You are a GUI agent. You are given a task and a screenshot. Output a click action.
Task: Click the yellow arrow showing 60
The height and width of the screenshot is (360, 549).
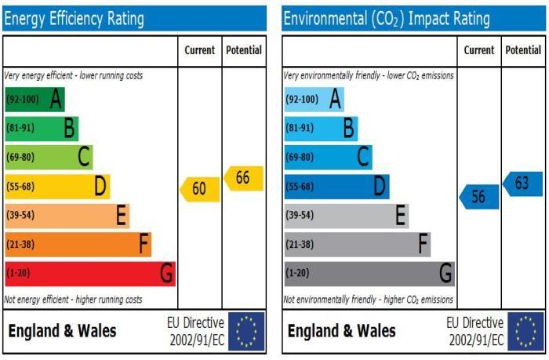[200, 189]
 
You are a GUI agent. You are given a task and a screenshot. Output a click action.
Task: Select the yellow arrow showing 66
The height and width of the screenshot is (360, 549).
[244, 178]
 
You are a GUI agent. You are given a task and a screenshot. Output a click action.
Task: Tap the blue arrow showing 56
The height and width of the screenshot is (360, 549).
[479, 197]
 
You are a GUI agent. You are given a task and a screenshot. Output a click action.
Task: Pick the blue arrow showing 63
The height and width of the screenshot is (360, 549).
[523, 184]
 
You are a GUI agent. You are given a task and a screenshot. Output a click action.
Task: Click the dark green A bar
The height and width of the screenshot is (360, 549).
[35, 100]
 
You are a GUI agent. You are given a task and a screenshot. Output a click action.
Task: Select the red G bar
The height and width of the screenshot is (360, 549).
[90, 274]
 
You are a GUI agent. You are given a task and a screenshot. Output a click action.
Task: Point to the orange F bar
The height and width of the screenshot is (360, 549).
[78, 245]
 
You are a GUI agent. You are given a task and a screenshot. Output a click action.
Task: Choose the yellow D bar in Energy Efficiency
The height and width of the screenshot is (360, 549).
[57, 187]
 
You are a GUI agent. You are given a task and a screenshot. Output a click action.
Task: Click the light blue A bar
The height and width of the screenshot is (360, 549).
[314, 100]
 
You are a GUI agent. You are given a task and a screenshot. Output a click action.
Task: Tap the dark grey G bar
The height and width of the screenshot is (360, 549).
[369, 274]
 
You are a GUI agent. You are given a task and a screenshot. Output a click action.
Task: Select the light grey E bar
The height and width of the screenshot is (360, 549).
[347, 216]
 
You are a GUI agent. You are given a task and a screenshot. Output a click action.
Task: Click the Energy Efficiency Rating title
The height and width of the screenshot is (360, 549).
[74, 19]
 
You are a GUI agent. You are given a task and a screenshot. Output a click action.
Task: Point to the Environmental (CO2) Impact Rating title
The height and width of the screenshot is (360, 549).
[387, 19]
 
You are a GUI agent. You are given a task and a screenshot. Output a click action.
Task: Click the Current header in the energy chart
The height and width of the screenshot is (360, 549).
[200, 50]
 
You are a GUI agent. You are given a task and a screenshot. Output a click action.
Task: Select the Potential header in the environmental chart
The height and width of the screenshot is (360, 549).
[523, 50]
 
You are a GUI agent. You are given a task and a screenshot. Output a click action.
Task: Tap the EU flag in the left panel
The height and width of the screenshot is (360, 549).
[246, 331]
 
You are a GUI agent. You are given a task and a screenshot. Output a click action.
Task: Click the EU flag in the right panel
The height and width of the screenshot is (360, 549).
[526, 331]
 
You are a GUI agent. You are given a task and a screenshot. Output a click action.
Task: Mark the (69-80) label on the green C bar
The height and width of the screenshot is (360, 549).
[20, 157]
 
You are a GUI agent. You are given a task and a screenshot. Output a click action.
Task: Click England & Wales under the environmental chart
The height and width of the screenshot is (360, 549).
[342, 331]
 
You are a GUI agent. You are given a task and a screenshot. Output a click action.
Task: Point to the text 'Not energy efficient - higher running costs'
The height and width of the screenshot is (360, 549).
[73, 300]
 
